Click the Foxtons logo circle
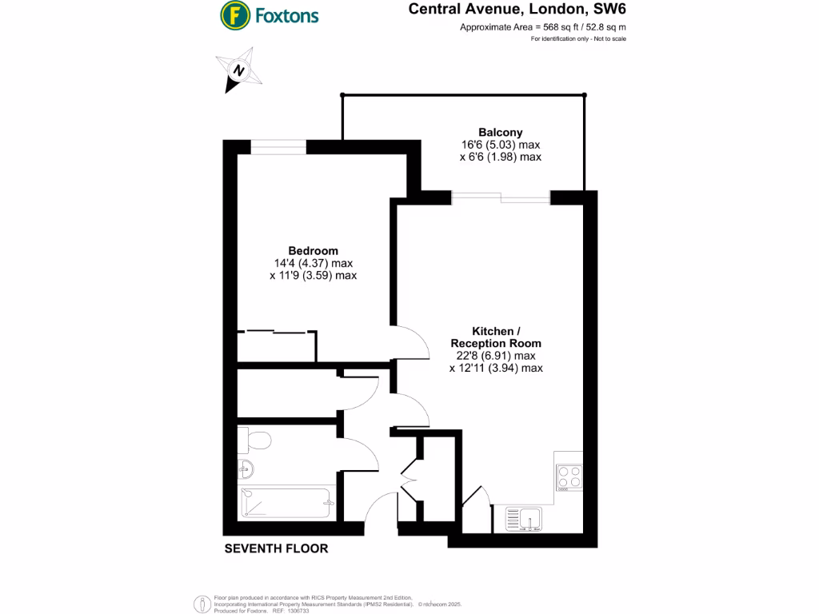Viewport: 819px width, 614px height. coord(234,14)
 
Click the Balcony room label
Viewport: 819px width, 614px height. coord(501,132)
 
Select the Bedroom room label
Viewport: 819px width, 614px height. coord(314,250)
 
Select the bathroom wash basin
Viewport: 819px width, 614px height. coord(246,468)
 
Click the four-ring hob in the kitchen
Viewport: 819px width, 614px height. coord(569,476)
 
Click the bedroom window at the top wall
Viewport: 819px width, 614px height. coord(278,146)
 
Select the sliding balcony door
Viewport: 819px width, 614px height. coord(501,197)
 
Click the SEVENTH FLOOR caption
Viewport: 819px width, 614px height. coord(276,548)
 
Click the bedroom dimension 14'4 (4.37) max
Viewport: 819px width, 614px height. coord(314,263)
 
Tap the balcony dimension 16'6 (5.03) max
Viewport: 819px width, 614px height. coord(501,145)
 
